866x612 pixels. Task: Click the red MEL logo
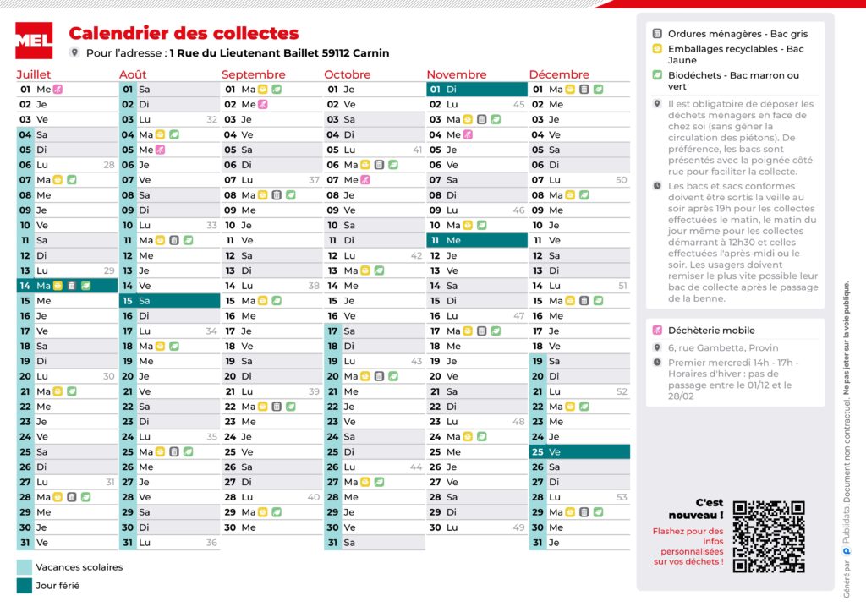34,40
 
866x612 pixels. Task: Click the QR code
768,536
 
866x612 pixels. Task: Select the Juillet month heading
34,74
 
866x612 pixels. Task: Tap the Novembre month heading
457,74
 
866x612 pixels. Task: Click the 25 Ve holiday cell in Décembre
579,452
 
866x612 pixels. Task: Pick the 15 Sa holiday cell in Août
169,301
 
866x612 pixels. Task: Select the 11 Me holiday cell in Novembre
476,240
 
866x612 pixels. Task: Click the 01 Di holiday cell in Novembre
476,89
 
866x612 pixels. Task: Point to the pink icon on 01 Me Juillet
58,89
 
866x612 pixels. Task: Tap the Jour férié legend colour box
25,585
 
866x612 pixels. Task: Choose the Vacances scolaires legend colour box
25,567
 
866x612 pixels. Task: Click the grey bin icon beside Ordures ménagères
657,34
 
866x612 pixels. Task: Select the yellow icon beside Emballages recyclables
657,49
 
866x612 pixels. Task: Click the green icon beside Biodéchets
657,75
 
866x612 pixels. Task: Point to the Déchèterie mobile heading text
711,331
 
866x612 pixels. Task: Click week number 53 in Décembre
622,497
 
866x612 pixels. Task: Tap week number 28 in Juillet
109,165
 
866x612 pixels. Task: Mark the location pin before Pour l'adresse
74,52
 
